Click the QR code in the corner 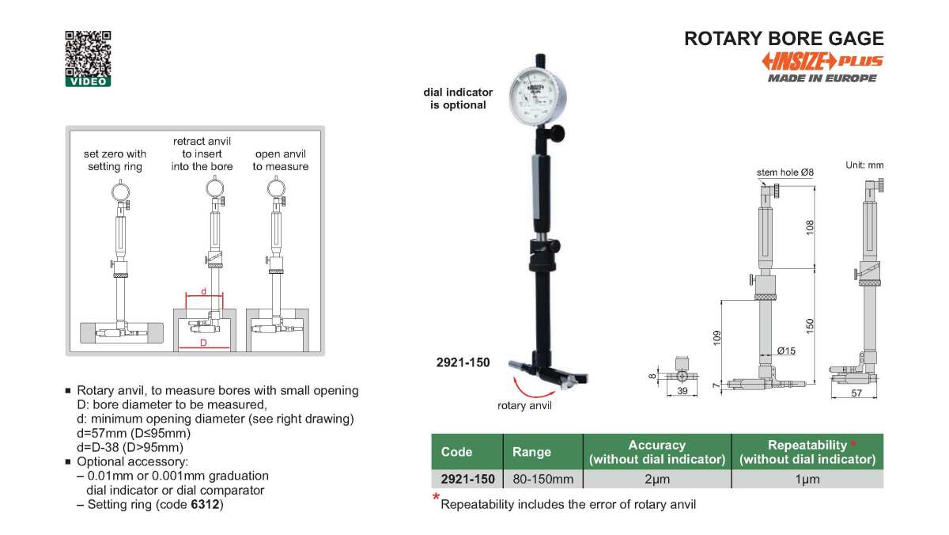click(x=88, y=54)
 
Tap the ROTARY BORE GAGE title click(x=784, y=38)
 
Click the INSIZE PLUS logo click(x=822, y=62)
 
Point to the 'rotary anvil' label click(x=524, y=406)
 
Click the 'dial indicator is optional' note click(x=458, y=98)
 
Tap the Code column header click(x=457, y=452)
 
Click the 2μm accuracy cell click(x=656, y=479)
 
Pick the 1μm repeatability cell click(x=807, y=479)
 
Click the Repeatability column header click(x=807, y=452)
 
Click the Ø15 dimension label click(x=786, y=350)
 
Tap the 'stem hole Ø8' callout click(x=785, y=172)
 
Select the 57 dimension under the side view click(x=856, y=393)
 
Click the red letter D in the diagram click(x=203, y=343)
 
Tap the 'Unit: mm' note click(x=864, y=165)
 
